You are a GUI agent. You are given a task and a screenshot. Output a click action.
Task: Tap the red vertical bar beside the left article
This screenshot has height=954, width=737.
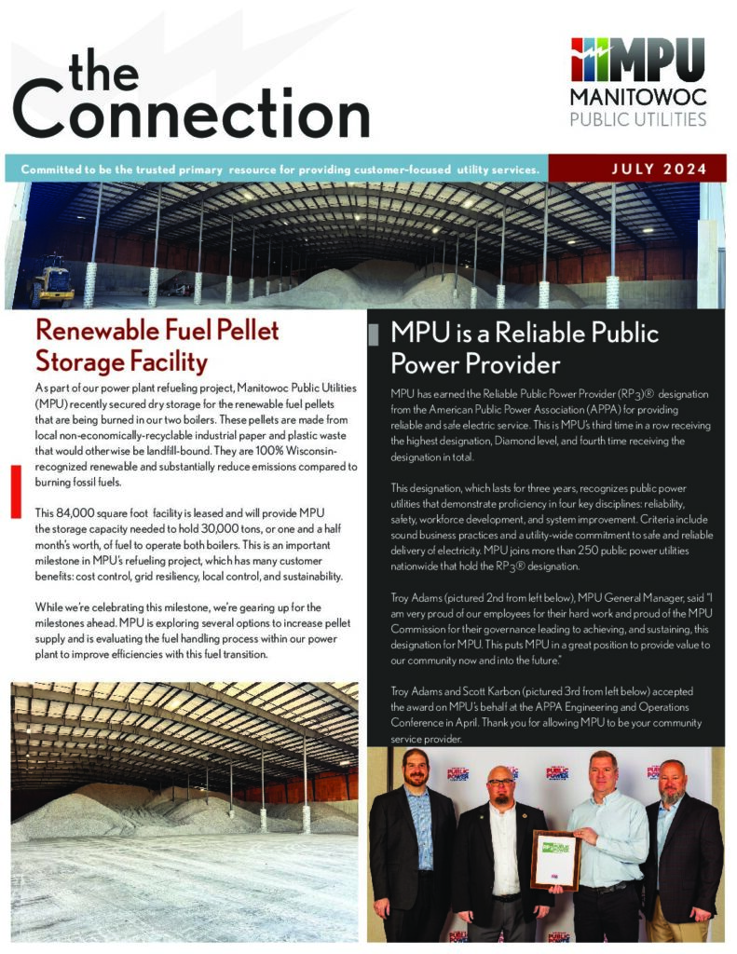point(15,492)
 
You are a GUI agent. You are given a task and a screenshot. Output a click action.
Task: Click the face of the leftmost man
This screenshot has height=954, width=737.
point(415,770)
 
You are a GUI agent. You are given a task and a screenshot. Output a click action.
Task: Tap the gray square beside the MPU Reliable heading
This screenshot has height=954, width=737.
point(375,334)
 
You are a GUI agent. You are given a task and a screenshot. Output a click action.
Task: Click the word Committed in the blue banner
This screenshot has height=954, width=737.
point(55,170)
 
